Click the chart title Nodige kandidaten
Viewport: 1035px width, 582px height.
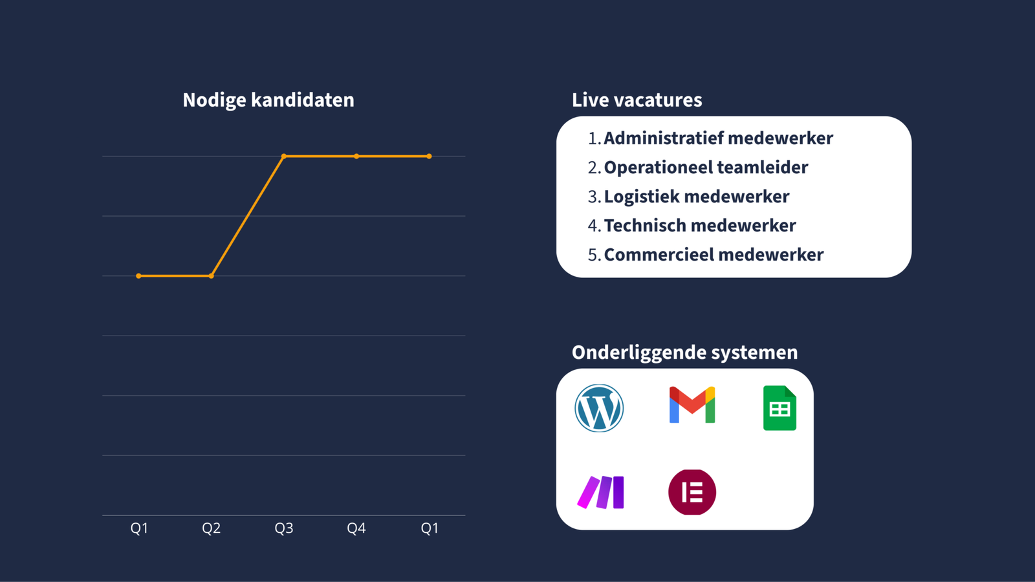pyautogui.click(x=268, y=100)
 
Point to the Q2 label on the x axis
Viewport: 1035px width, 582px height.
pyautogui.click(x=212, y=528)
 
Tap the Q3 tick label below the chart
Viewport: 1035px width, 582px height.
pyautogui.click(x=284, y=528)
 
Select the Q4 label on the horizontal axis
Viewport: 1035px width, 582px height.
pyautogui.click(x=356, y=528)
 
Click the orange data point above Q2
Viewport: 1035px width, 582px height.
pyautogui.click(x=212, y=276)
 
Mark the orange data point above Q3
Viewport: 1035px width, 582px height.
pyautogui.click(x=284, y=156)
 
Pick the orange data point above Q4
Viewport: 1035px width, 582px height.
pyautogui.click(x=356, y=156)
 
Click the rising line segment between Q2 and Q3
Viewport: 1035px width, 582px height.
pyautogui.click(x=248, y=216)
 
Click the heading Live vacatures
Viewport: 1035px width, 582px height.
pyautogui.click(x=637, y=100)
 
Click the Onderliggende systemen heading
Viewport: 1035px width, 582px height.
pyautogui.click(x=684, y=352)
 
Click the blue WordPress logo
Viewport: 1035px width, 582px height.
pyautogui.click(x=599, y=408)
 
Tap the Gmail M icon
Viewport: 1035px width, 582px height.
pyautogui.click(x=692, y=405)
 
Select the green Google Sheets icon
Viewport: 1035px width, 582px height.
pyautogui.click(x=779, y=408)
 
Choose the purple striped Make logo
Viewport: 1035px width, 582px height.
pyautogui.click(x=601, y=493)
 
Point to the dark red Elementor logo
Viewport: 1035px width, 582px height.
pyautogui.click(x=692, y=492)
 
